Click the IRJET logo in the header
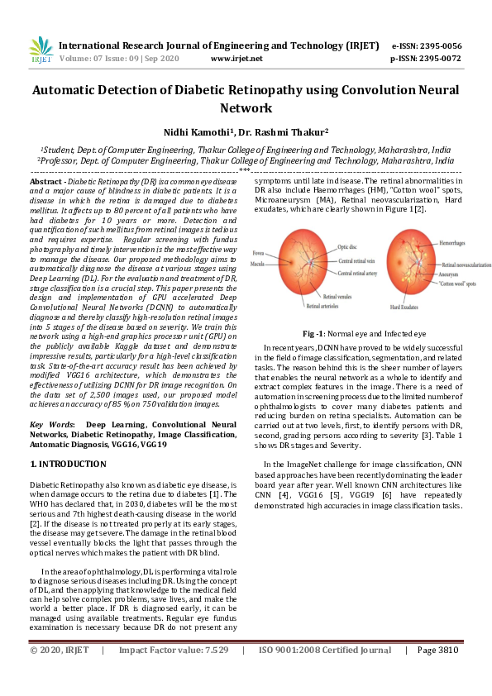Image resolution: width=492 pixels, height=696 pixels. (41, 50)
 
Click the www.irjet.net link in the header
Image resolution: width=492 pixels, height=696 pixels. (236, 59)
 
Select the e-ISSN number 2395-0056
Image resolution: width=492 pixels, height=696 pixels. (439, 46)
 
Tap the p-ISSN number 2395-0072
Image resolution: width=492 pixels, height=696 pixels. (439, 59)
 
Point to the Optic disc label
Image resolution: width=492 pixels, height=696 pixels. (348, 246)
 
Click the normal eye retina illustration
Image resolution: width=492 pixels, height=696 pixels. (303, 262)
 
